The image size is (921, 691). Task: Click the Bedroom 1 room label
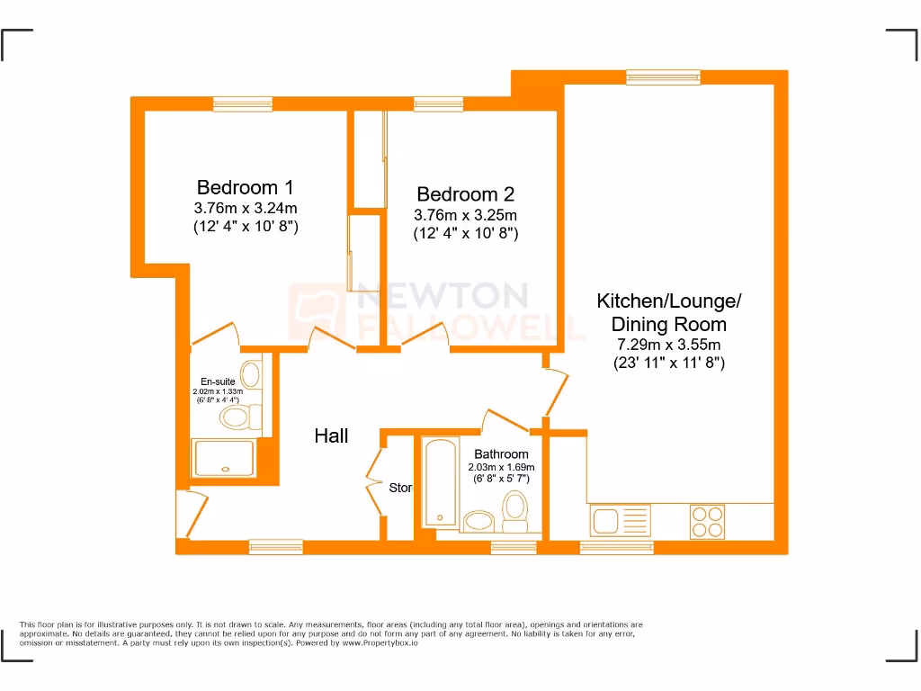pos(245,188)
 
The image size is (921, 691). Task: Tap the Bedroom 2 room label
pos(465,194)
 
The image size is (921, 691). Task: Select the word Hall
pos(331,436)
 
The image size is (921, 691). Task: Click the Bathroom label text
pos(501,454)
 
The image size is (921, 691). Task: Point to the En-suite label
pos(218,382)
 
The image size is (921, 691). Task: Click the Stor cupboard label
pos(400,488)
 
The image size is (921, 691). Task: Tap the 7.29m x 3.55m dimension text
pos(668,345)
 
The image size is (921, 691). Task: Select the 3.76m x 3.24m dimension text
pos(245,209)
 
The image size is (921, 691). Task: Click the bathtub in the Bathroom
pos(439,481)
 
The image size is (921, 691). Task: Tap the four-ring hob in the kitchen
pos(706,520)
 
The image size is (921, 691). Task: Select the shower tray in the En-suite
pos(225,460)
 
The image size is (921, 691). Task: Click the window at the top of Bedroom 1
pos(243,104)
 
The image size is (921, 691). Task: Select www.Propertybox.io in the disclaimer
pos(380,643)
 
